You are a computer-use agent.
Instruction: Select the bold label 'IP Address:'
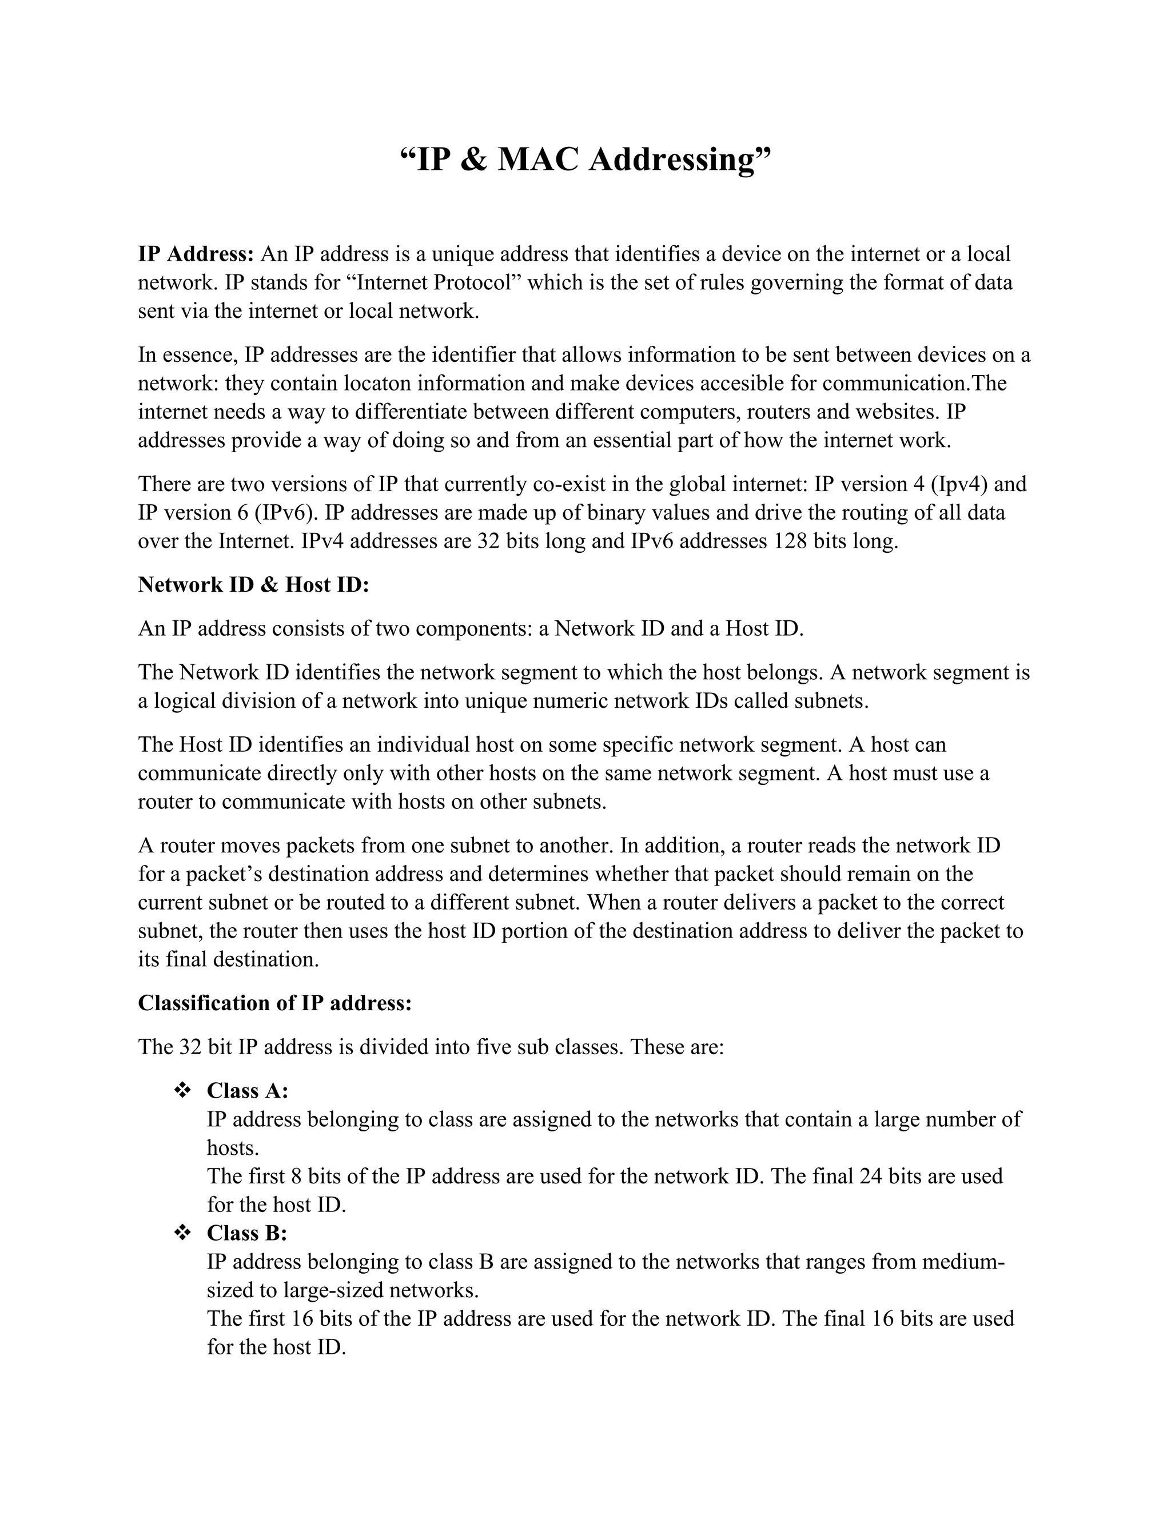(x=196, y=254)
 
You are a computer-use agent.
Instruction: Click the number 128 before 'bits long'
(x=790, y=541)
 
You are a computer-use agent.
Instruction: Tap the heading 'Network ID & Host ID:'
(x=253, y=585)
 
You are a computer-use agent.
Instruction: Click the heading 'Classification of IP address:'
(x=274, y=1003)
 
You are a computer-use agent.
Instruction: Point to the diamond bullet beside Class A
(x=182, y=1090)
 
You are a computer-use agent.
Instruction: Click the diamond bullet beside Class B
(x=182, y=1233)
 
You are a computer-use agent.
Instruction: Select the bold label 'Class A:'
(x=247, y=1090)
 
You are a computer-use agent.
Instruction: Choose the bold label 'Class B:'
(x=246, y=1233)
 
